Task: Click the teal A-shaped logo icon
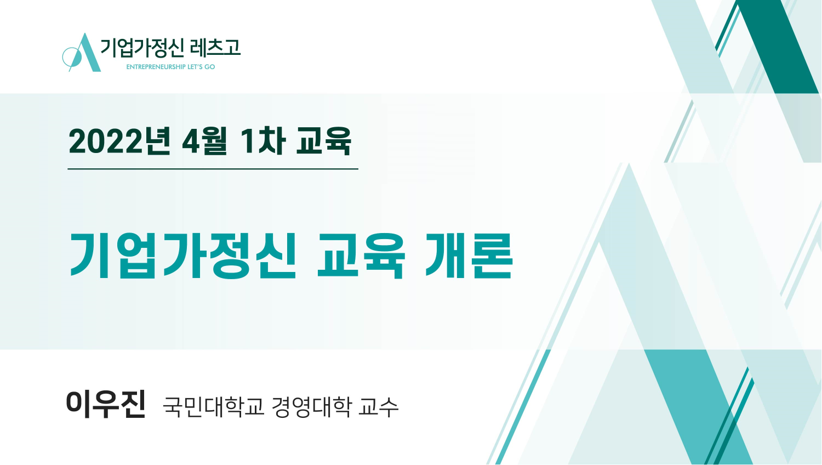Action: tap(82, 53)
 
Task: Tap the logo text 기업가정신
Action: tap(142, 48)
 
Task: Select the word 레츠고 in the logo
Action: tap(215, 47)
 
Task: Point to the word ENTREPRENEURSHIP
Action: tap(156, 67)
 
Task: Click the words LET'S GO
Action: tap(202, 67)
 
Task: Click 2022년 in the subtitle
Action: tap(119, 141)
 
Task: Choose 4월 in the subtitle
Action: tap(204, 141)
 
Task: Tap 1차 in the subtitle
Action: tap(262, 141)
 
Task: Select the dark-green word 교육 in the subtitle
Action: tap(324, 141)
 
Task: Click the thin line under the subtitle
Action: tap(213, 169)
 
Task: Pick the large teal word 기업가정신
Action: tap(182, 256)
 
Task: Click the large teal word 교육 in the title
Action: tap(361, 256)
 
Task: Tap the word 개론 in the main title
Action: tap(469, 256)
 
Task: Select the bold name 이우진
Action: tap(106, 404)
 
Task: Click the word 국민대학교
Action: tap(214, 406)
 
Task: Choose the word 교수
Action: tap(378, 406)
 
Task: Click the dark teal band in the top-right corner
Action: tap(778, 46)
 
